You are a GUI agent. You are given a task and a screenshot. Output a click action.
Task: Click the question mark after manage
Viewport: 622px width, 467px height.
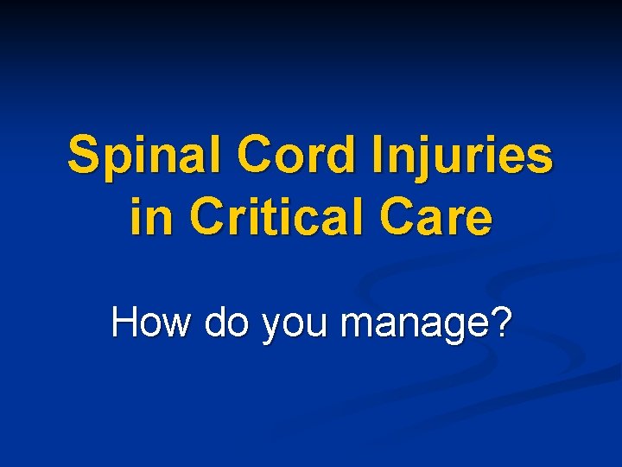pyautogui.click(x=501, y=323)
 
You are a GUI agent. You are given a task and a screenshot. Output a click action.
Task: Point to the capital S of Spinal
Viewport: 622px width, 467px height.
pyautogui.click(x=83, y=156)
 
